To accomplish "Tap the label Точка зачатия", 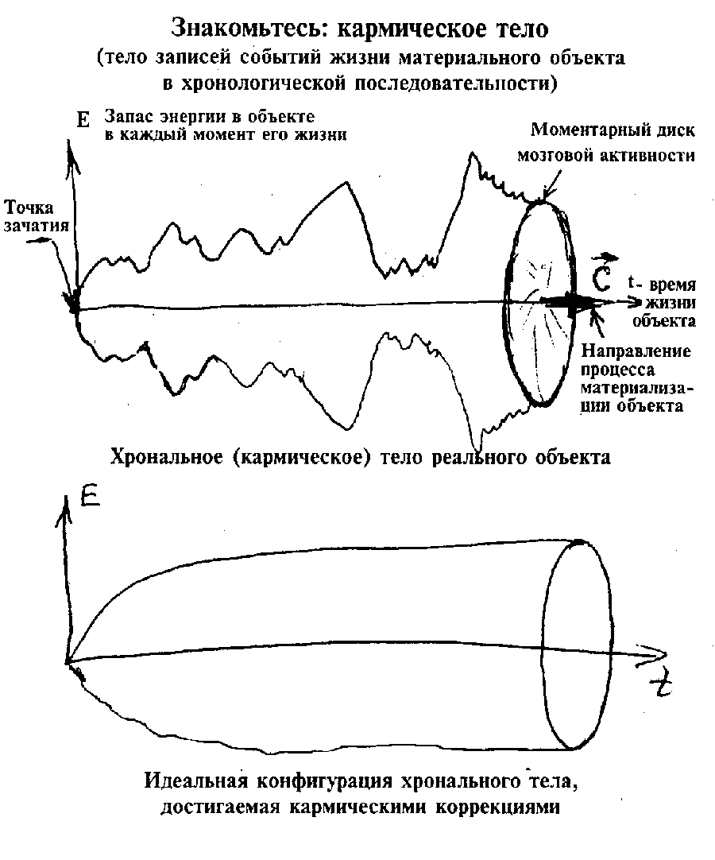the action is click(37, 216).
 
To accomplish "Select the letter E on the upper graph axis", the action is click(83, 119).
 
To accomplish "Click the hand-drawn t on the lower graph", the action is click(663, 686).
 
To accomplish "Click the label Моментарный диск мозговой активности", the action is click(606, 142).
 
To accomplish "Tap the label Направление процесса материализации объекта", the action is click(636, 378).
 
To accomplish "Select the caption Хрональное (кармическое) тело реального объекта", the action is click(360, 457).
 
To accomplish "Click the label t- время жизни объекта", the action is click(662, 302).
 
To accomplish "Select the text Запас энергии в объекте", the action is click(210, 117).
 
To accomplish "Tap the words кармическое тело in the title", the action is click(443, 29).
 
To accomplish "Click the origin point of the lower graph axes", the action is click(67, 661).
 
